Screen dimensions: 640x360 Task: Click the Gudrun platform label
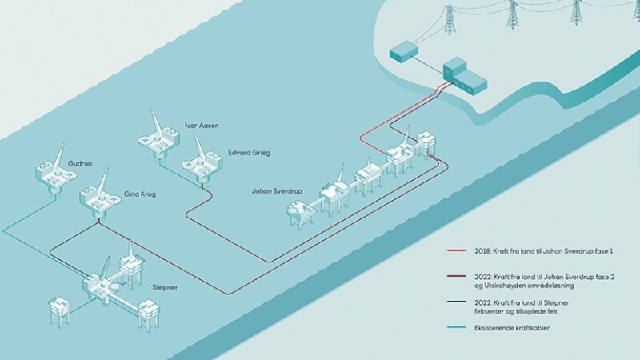click(79, 164)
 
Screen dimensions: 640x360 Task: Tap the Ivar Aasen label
click(202, 126)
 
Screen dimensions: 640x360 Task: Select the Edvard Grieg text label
click(249, 153)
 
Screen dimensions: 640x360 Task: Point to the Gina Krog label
click(139, 194)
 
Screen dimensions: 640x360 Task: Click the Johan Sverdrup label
click(277, 191)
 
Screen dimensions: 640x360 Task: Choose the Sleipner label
click(165, 287)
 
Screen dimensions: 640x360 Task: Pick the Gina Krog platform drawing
click(99, 195)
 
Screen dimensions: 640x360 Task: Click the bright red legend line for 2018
click(456, 250)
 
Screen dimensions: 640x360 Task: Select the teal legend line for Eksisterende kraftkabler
click(456, 327)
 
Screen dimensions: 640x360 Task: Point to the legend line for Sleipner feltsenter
click(456, 302)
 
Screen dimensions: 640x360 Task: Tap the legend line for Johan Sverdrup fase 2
click(456, 276)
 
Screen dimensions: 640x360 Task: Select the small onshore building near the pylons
click(404, 52)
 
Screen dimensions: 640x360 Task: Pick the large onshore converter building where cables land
click(465, 74)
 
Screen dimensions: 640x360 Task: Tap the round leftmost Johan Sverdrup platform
click(301, 213)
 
